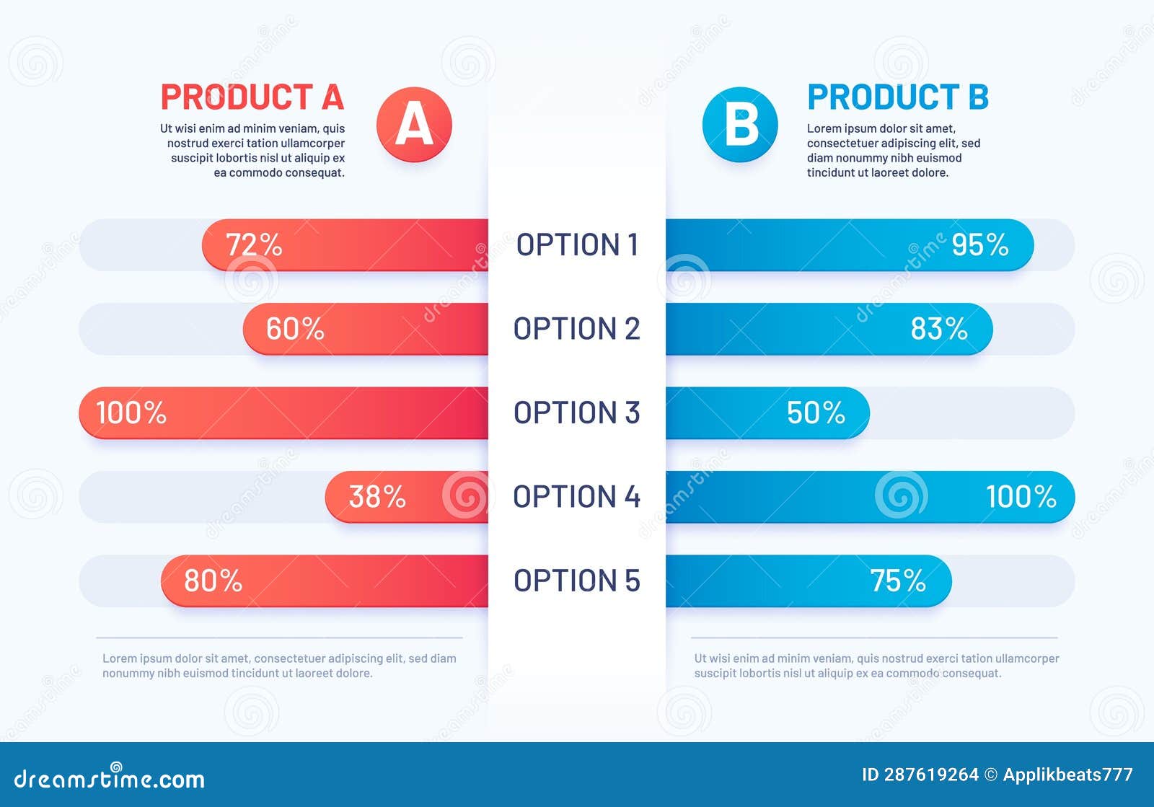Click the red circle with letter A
414,124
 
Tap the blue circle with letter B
740,124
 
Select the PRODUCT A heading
252,97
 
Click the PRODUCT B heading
897,97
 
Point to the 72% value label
254,245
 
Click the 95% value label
979,245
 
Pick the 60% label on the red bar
295,329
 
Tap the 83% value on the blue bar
938,329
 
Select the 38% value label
376,497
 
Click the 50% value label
815,413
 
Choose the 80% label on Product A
213,581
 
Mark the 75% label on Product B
897,581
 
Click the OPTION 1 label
577,245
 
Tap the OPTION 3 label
577,413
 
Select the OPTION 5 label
577,581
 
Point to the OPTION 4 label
577,497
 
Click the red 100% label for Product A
131,413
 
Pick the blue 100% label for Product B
1021,497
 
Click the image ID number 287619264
930,775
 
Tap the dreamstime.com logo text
110,779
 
